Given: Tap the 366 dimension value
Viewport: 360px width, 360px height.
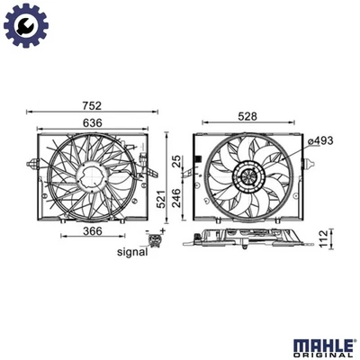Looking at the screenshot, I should [86, 231].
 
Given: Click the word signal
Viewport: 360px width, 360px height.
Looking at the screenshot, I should [131, 252].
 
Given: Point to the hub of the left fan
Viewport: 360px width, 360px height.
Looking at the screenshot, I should [87, 178].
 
